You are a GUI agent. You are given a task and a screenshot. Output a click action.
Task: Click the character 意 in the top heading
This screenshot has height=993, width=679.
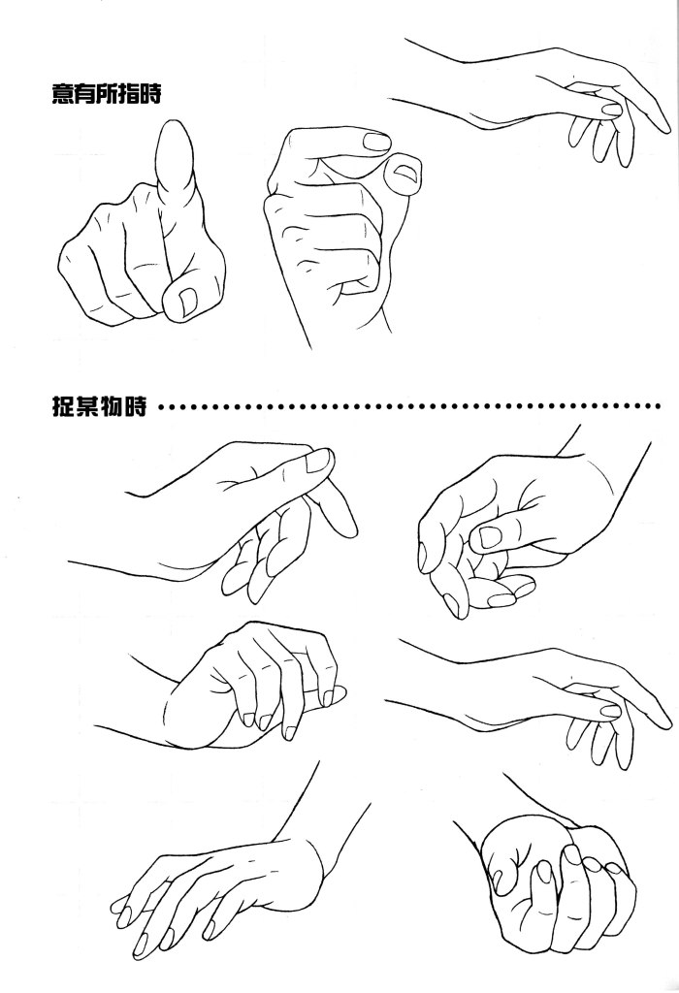tap(62, 94)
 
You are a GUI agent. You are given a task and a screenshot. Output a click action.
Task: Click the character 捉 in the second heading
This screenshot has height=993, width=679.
tap(62, 405)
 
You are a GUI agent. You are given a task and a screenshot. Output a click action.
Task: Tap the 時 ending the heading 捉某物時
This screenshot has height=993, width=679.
tap(136, 405)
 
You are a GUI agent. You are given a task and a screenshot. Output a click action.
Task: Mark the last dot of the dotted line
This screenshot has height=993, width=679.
tap(658, 405)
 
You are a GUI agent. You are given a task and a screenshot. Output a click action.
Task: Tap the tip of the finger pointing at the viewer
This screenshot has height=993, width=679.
tap(173, 127)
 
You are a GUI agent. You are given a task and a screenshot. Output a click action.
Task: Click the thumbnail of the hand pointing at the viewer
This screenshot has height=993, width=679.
tap(187, 302)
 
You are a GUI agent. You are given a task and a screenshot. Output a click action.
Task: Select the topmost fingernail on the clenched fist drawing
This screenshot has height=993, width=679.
tap(377, 141)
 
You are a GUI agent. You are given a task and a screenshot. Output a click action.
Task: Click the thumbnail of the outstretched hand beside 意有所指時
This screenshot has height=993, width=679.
tap(612, 110)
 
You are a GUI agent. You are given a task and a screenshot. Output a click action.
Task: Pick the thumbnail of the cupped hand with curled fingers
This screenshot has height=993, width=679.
tap(489, 537)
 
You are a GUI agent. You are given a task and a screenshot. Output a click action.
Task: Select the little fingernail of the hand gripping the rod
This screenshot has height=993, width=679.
tap(327, 698)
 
